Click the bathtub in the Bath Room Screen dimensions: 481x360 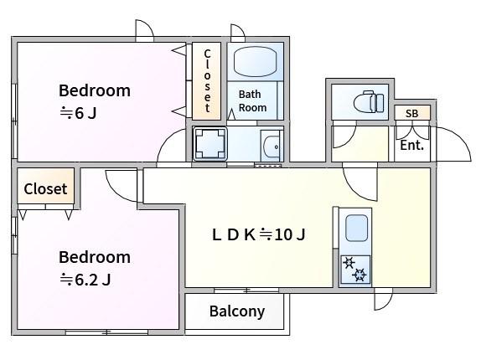coord(255,61)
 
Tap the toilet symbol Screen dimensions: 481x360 coord(368,101)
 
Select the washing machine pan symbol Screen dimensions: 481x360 coord(210,144)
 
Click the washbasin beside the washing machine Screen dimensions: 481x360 coord(272,146)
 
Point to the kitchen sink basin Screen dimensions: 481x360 coord(356,229)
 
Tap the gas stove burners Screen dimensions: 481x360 coord(355,270)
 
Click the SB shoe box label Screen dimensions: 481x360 coord(411,113)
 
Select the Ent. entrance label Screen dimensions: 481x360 coord(412,145)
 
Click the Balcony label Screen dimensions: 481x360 coord(237,311)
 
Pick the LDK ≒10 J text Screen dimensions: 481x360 coord(259,234)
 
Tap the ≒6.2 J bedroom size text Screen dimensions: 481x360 coord(85,280)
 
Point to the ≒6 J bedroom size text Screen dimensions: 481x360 coord(78,113)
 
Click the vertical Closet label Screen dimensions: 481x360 coord(207,81)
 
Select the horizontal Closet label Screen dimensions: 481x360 coord(45,188)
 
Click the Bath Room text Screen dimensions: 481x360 coord(252,100)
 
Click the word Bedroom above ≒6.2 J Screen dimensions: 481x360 coord(95,257)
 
